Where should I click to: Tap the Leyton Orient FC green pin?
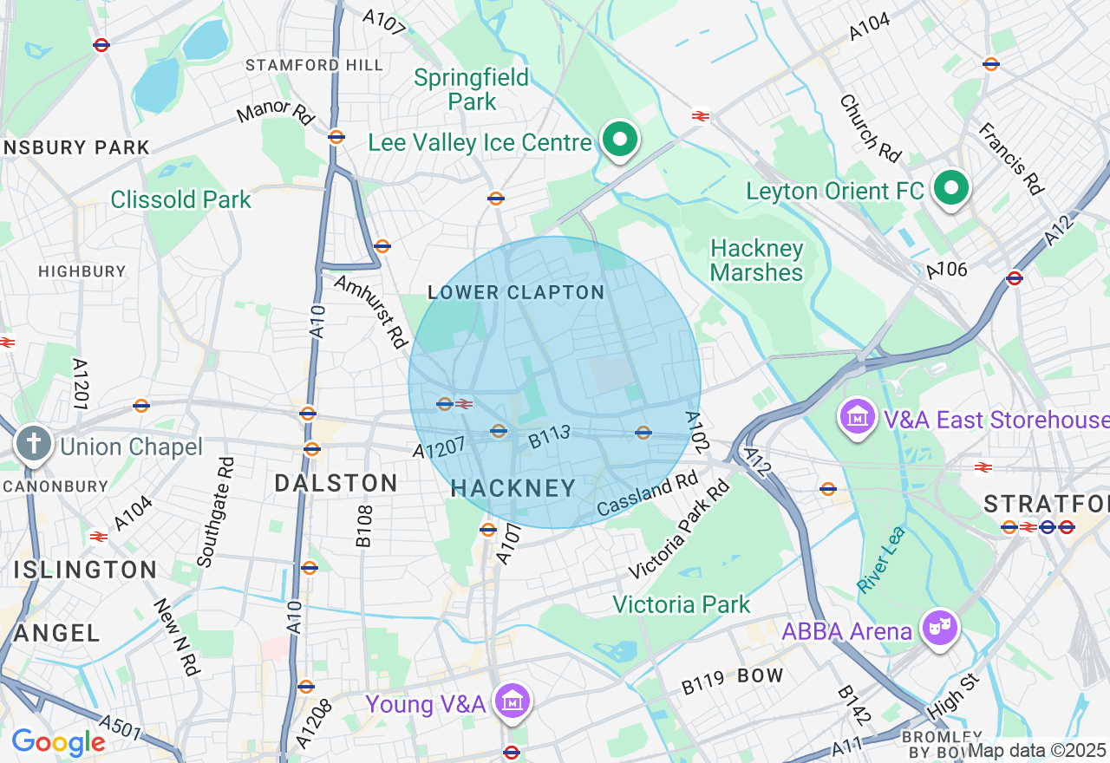point(951,187)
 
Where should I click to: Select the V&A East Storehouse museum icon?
point(858,418)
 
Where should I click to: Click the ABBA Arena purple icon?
point(941,628)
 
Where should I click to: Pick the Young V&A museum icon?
point(513,701)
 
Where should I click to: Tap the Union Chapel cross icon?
point(34,445)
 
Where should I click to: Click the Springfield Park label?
point(472,89)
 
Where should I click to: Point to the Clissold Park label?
point(180,199)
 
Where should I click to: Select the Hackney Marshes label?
point(756,260)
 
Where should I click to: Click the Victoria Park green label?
point(681,604)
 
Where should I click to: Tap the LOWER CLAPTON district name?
point(516,293)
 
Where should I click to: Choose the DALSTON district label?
point(336,483)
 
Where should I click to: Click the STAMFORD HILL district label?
point(314,65)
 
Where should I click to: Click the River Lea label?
point(881,559)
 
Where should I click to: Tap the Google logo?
point(58,742)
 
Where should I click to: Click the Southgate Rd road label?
point(215,512)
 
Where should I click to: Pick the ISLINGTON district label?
point(85,570)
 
